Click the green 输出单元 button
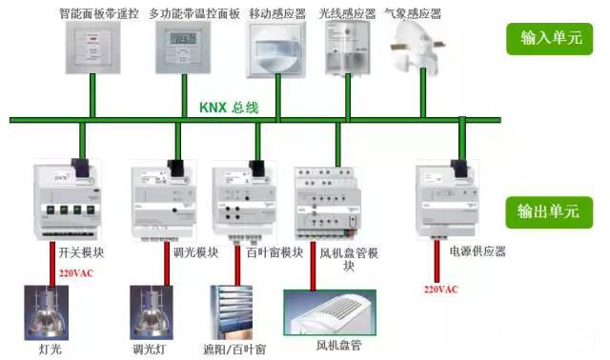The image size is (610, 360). (x=549, y=211)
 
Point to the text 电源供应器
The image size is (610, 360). (x=477, y=251)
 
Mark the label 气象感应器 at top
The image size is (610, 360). (x=414, y=13)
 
